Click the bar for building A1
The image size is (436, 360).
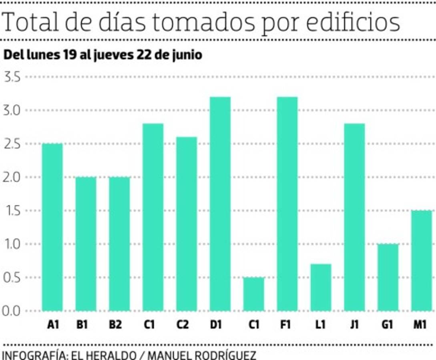click(x=52, y=227)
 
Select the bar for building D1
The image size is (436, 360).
click(x=220, y=204)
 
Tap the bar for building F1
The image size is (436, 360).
click(x=287, y=204)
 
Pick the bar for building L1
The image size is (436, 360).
click(x=321, y=287)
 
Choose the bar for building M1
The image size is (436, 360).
click(x=422, y=260)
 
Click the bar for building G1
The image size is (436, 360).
click(x=388, y=277)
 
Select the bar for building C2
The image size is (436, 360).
click(x=187, y=224)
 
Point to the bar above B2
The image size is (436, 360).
click(x=119, y=244)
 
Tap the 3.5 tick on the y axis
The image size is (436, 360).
click(x=12, y=77)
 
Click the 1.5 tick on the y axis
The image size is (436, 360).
click(x=12, y=210)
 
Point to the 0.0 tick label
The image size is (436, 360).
click(x=12, y=311)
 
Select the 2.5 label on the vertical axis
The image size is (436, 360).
click(x=12, y=144)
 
